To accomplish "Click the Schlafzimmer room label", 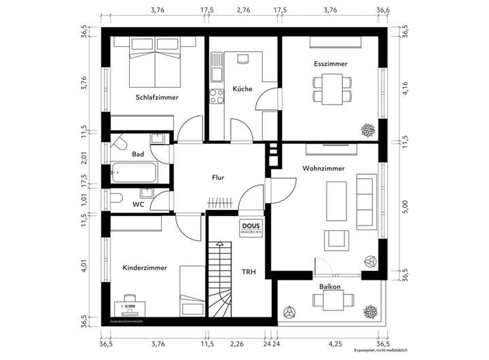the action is tap(157, 97).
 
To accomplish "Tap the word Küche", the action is tap(242, 89).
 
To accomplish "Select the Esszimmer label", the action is tap(331, 64).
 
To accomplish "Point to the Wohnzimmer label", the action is tap(323, 168).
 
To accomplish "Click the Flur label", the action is tap(218, 178).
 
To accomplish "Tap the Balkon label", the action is tap(330, 287).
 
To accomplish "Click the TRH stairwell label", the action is tap(249, 272).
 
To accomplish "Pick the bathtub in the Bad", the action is tap(135, 173).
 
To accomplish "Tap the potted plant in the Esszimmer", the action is tap(367, 129).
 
